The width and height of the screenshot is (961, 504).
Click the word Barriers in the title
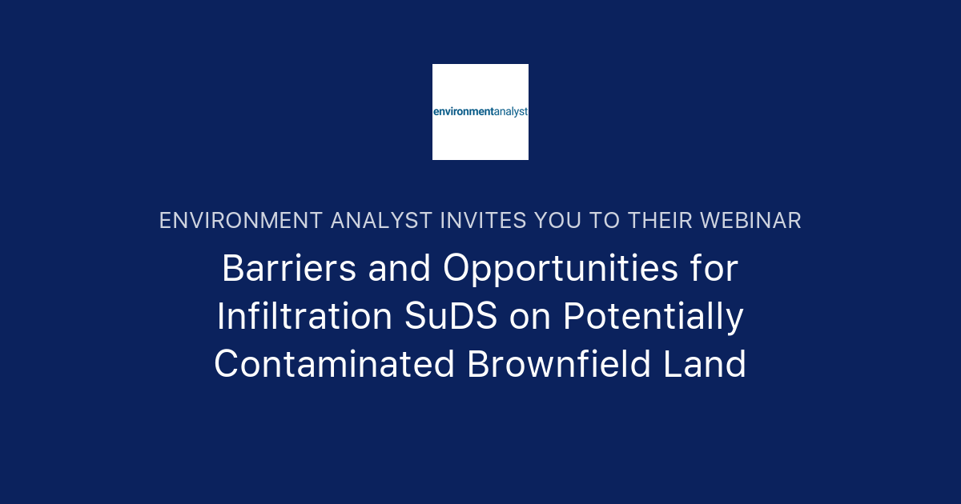[289, 269]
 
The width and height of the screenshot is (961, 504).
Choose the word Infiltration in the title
[300, 317]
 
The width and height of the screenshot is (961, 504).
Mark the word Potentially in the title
[653, 317]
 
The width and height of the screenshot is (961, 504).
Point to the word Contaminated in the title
[334, 365]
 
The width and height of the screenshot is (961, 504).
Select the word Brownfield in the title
[563, 365]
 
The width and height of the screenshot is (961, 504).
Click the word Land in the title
[710, 365]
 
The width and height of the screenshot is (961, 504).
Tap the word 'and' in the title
[400, 269]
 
